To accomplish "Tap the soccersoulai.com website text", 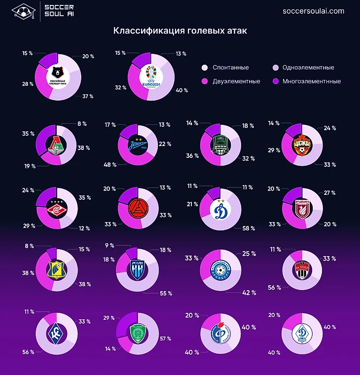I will click(x=313, y=11).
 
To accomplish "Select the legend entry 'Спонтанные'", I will click(x=230, y=68).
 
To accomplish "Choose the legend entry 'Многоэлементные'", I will click(x=312, y=81).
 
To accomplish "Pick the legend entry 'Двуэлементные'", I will click(x=236, y=81).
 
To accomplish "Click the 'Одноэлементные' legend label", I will click(x=307, y=68).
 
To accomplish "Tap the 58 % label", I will click(x=249, y=228).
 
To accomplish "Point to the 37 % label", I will click(x=88, y=96).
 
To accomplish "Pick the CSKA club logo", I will click(x=302, y=144).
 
